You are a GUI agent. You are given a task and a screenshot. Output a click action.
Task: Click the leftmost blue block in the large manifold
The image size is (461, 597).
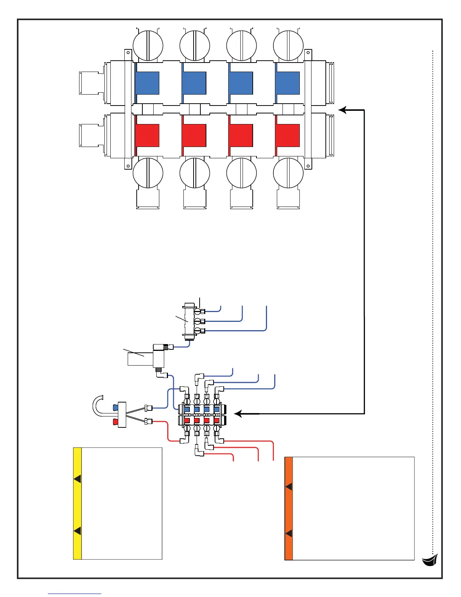coord(147,83)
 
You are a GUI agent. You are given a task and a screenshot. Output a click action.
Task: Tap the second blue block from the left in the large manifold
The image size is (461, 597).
coord(194,83)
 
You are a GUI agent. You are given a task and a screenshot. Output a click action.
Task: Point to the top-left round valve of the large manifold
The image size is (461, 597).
coord(148,46)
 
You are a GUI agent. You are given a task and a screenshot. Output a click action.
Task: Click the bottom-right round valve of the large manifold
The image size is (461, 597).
coord(288,173)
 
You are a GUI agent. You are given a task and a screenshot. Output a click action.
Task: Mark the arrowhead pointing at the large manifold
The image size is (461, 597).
coord(342,110)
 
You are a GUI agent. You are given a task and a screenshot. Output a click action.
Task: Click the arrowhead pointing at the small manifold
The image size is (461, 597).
coord(238,414)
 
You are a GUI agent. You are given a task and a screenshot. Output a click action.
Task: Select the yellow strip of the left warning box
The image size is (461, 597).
coord(77,504)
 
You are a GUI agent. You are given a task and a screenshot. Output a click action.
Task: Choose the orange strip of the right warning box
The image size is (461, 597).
coord(289,508)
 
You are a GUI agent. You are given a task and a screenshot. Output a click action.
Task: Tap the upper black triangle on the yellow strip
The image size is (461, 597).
coord(78,479)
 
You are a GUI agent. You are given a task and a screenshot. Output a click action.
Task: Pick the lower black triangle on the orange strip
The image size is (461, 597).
coord(289,533)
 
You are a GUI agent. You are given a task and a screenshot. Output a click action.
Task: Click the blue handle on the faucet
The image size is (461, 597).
coord(116,407)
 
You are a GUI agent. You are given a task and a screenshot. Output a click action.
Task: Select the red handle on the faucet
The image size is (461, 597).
coord(116,422)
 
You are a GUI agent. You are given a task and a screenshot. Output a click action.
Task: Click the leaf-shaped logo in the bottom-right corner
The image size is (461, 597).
coord(430,560)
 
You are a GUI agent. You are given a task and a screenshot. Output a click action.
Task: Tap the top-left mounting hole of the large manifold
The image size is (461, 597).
coord(128,52)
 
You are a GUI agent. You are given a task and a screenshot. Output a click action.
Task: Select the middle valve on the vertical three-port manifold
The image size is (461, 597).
coord(197,321)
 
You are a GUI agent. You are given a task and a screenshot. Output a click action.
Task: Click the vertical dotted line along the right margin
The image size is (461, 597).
coord(433,302)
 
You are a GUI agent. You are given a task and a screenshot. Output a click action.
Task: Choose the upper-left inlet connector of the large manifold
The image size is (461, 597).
coord(90,83)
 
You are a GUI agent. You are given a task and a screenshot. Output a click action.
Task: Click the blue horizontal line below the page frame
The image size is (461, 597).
coord(75,594)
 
